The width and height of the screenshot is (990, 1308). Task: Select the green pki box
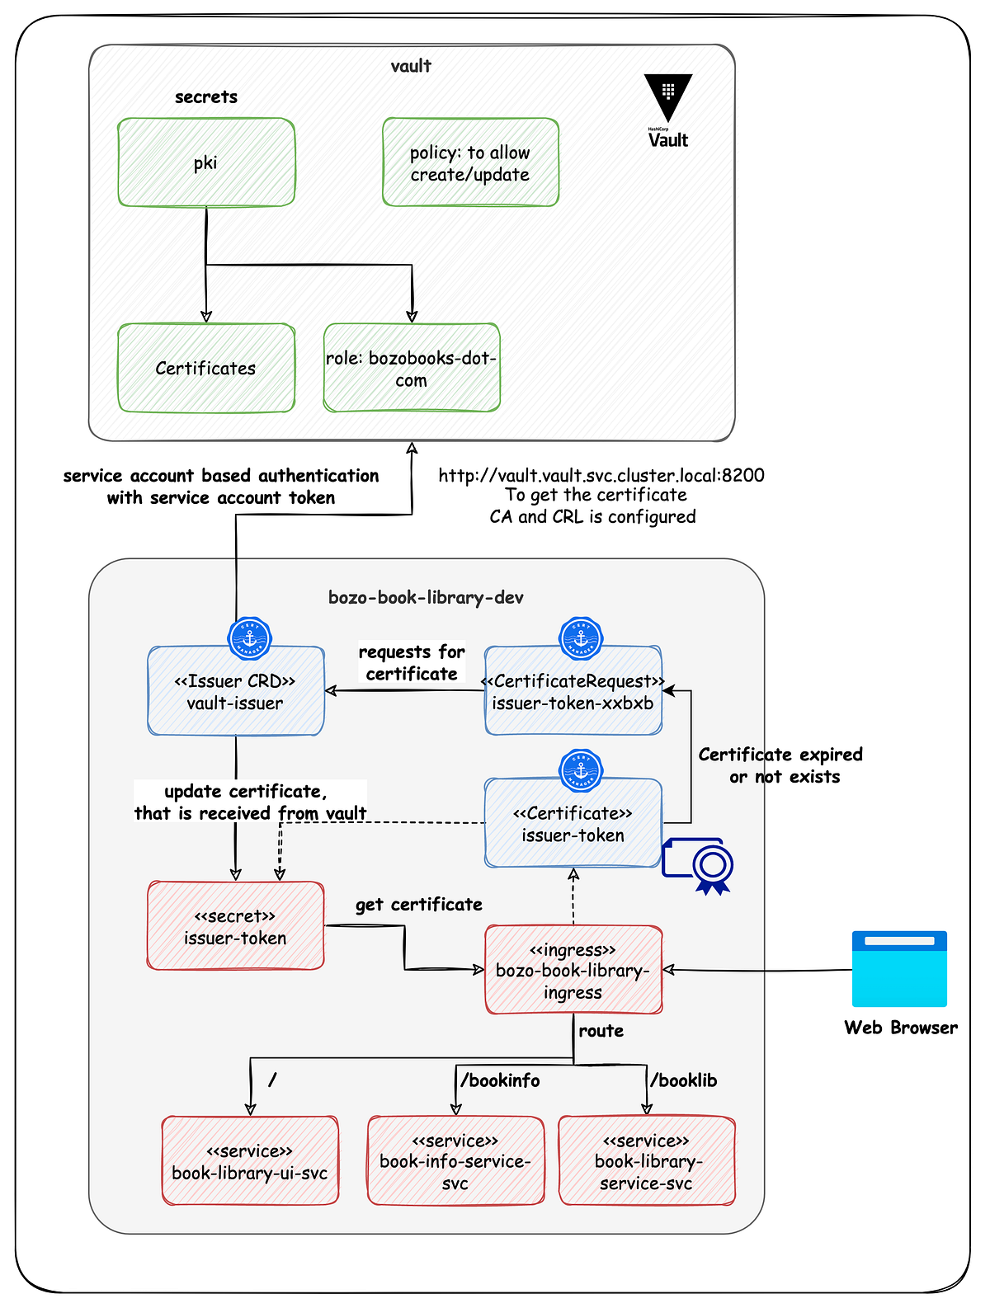(206, 162)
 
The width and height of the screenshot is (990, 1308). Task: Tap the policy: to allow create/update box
(470, 162)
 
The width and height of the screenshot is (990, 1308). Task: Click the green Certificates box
(206, 368)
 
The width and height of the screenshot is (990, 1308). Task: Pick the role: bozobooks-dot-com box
(412, 368)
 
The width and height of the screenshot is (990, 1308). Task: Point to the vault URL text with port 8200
(601, 475)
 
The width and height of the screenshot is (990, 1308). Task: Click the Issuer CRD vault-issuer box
(235, 691)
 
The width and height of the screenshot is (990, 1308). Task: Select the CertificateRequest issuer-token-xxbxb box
(573, 691)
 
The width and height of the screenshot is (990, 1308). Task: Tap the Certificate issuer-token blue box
(573, 823)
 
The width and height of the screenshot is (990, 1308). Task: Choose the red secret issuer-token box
(235, 926)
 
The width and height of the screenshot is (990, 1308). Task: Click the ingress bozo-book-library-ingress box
(573, 970)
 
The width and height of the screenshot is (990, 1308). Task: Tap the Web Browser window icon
(899, 969)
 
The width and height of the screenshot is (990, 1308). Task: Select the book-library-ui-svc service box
(250, 1161)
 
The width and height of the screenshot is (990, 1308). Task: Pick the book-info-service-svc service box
(455, 1161)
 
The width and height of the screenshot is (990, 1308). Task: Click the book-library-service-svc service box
(647, 1161)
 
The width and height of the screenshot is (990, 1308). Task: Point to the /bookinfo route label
(500, 1080)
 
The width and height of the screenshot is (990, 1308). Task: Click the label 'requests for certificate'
(412, 662)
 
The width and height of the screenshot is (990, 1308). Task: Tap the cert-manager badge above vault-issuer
(249, 638)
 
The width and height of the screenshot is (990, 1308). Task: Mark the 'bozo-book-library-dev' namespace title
(426, 597)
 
